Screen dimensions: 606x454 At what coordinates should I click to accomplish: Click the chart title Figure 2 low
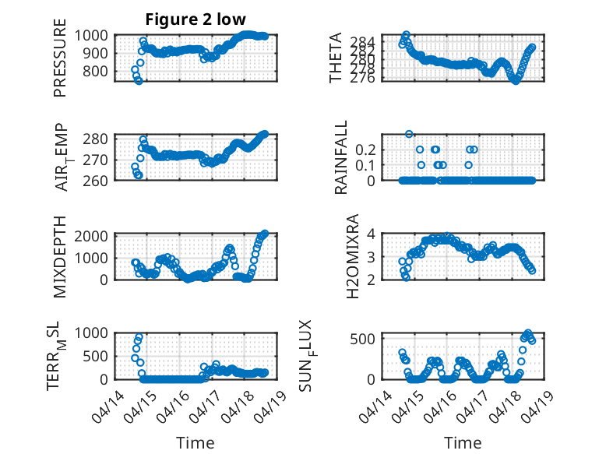pos(196,19)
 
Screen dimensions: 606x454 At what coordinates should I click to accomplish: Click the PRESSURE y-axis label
pos(60,58)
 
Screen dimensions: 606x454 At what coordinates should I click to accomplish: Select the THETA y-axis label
pos(336,58)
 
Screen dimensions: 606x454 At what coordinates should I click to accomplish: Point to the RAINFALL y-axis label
pos(341,157)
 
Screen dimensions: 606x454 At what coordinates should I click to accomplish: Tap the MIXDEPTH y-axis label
pos(60,256)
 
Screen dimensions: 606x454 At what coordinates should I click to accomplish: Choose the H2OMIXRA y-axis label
pos(353,256)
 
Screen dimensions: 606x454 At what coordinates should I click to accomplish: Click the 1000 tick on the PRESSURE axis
pos(91,36)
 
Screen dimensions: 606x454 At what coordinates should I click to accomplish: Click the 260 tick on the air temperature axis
pos(96,181)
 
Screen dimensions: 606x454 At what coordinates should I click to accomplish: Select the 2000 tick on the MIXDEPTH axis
pos(91,236)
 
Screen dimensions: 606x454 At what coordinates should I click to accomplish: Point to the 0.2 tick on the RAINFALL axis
pos(365,150)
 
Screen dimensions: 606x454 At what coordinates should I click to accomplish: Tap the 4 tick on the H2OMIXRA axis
pos(372,234)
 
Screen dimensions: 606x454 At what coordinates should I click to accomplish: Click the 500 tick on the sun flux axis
pos(362,339)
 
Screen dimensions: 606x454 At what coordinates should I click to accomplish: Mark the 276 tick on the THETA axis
pos(362,78)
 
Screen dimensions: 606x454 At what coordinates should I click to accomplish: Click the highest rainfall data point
pos(409,134)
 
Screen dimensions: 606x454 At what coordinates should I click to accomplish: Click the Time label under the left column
pos(196,443)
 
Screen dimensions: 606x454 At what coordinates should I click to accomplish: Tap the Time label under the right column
pos(463,443)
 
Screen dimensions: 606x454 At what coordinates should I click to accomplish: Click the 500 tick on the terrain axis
pos(96,356)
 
